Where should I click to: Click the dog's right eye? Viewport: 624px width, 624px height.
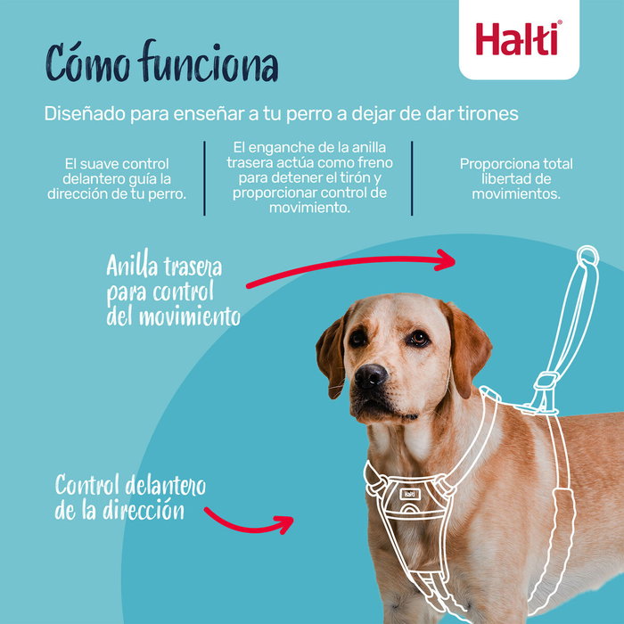coord(417,338)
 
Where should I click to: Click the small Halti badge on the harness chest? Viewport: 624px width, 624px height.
coord(408,493)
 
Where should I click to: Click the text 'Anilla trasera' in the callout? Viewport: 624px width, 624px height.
coord(164,267)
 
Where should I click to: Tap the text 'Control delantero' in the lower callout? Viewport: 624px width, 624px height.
coord(130,486)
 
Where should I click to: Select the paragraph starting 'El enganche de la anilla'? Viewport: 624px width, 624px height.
coord(308,176)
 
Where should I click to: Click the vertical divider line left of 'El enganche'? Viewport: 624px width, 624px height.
coord(204,177)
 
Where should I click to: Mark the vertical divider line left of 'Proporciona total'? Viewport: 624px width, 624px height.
coord(412,177)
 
